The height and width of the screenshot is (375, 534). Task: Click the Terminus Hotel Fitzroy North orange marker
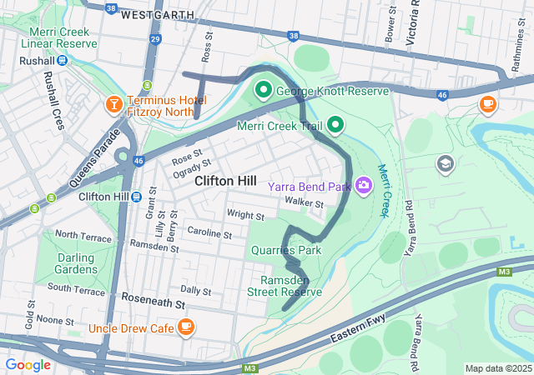click(x=113, y=104)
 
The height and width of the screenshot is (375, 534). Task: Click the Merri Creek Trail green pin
click(x=335, y=126)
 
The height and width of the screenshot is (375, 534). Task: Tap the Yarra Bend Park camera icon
click(x=364, y=185)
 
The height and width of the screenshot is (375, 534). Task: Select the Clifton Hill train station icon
click(x=135, y=197)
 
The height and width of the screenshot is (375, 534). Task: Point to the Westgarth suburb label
click(x=158, y=15)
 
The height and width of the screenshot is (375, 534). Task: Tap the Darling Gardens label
click(x=75, y=263)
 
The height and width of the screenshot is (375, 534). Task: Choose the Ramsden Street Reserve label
click(x=285, y=286)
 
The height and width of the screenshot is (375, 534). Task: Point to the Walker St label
click(x=303, y=202)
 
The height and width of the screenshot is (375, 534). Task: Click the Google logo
click(x=28, y=364)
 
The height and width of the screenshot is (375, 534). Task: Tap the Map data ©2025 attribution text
click(x=497, y=368)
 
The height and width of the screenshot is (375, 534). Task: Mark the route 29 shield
click(x=154, y=39)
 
